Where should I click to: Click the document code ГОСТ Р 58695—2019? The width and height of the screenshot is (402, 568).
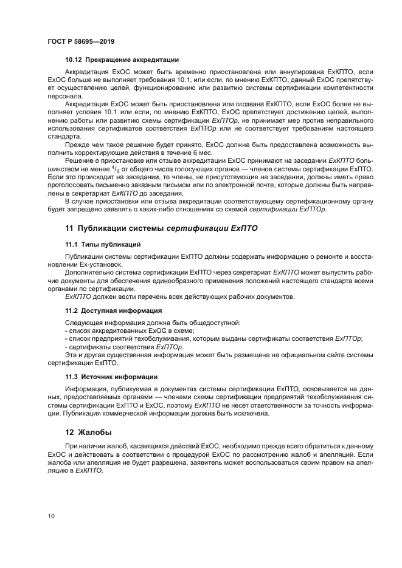point(81,41)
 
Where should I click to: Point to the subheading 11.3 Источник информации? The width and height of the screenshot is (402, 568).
point(111,377)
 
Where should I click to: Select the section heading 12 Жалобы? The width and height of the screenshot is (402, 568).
point(88,433)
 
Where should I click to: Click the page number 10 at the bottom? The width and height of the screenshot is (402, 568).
point(52,516)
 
